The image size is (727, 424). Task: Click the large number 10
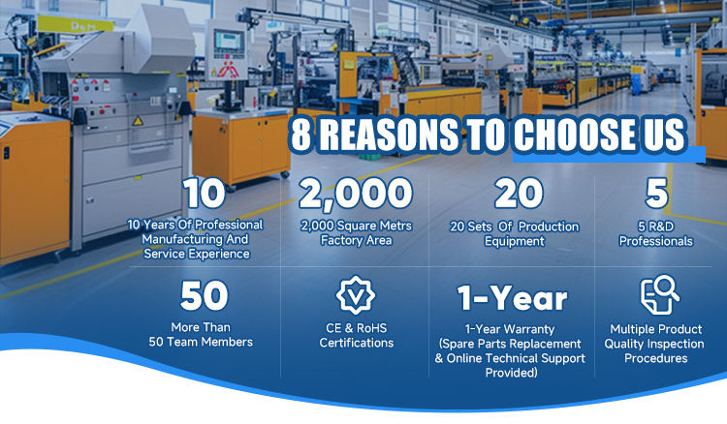pyautogui.click(x=204, y=193)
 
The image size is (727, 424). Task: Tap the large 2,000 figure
pyautogui.click(x=356, y=193)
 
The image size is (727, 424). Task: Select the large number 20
pyautogui.click(x=519, y=193)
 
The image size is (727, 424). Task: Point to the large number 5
pyautogui.click(x=656, y=193)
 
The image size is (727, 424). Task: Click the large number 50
pyautogui.click(x=204, y=295)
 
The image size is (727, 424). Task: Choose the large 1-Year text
pyautogui.click(x=512, y=298)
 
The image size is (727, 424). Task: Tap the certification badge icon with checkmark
pyautogui.click(x=356, y=295)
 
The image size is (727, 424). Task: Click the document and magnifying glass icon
pyautogui.click(x=659, y=294)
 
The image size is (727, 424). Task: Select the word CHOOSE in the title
pyautogui.click(x=575, y=135)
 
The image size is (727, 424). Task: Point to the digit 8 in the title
pyautogui.click(x=301, y=135)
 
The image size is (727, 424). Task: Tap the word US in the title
pyautogui.click(x=664, y=135)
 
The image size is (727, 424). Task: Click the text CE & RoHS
pyautogui.click(x=356, y=328)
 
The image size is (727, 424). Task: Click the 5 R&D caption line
pyautogui.click(x=656, y=227)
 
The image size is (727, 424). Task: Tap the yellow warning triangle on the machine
pyautogui.click(x=138, y=121)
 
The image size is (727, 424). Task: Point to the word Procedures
pyautogui.click(x=655, y=358)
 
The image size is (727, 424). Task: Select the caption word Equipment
pyautogui.click(x=514, y=241)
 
